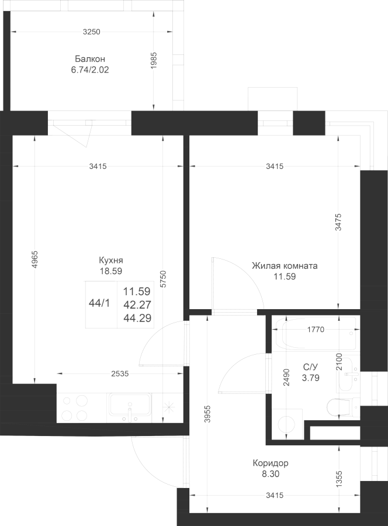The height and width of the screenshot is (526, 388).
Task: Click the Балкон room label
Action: pos(90,59)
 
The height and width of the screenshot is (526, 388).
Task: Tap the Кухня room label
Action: pos(110,260)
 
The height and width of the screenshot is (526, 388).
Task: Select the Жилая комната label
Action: pos(285,266)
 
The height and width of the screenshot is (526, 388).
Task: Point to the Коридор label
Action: pos(271,463)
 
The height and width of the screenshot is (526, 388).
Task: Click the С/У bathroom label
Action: pos(310,367)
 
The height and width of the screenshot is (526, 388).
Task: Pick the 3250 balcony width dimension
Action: pos(92,32)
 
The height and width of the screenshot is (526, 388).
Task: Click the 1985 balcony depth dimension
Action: pos(154,61)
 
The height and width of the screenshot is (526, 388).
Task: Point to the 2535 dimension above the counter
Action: pos(120,373)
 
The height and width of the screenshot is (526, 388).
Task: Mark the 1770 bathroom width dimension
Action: pos(316,330)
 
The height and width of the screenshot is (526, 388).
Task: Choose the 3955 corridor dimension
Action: pos(207,414)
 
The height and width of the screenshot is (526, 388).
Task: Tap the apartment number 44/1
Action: pos(99,303)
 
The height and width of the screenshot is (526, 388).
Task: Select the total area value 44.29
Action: pos(137,318)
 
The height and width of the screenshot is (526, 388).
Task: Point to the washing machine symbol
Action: pos(287,424)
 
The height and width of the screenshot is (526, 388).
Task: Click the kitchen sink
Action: pos(129,407)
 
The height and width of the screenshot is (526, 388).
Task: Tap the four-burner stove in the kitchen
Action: pos(75,408)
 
